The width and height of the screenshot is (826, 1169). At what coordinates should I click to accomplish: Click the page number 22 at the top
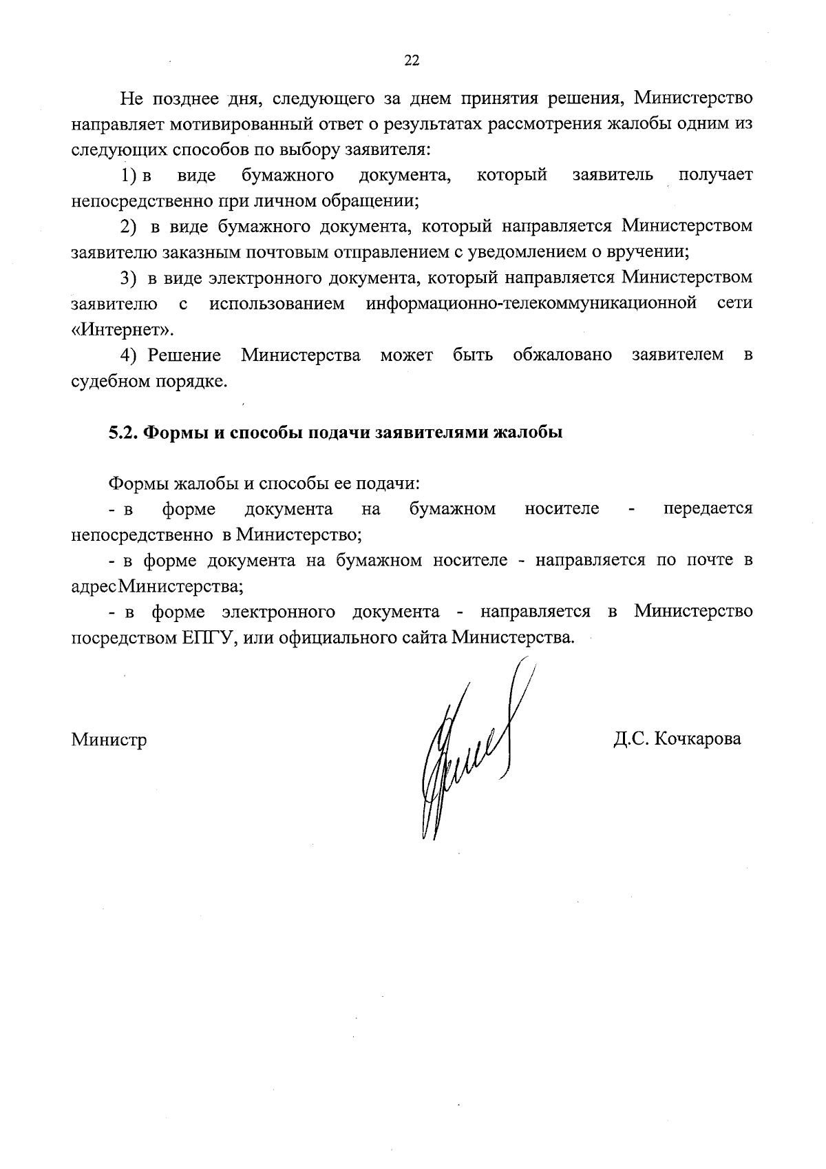point(412,61)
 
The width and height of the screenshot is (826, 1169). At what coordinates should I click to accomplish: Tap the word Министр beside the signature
point(109,740)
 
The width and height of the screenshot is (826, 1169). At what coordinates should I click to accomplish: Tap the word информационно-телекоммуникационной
point(531,303)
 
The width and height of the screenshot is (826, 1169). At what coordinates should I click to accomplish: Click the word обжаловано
point(562,355)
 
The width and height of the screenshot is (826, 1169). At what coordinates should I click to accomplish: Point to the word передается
point(708,509)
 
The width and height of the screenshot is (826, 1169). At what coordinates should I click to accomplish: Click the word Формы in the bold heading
point(176,433)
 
